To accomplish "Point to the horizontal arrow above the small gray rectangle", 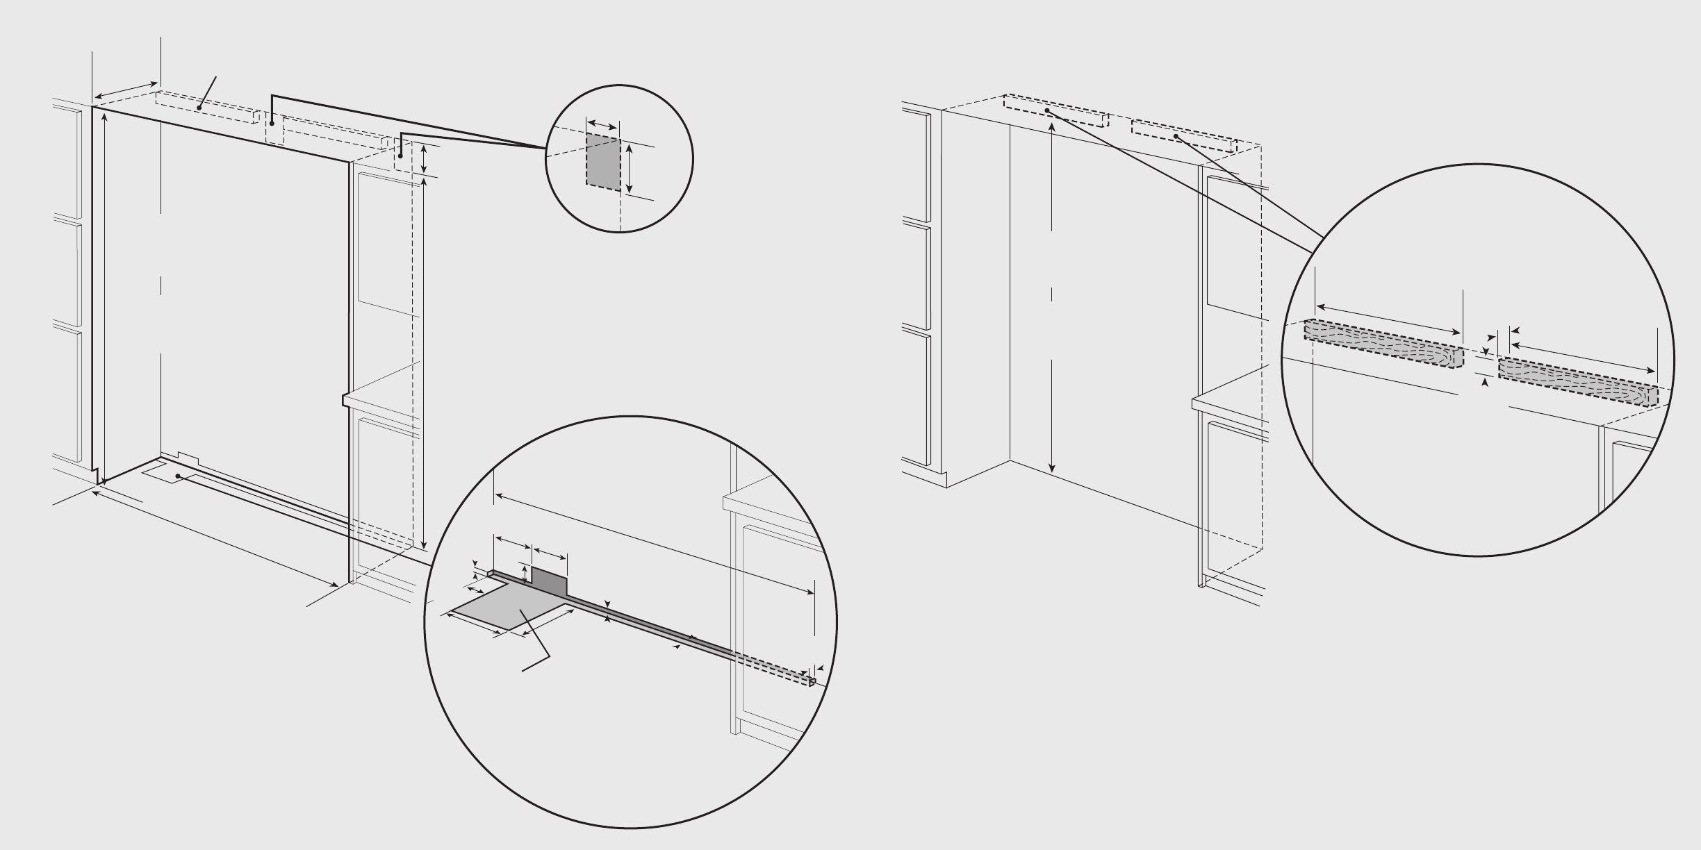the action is coord(602,124).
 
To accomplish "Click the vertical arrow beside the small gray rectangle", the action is coord(630,168).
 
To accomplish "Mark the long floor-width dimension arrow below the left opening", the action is coord(215,539).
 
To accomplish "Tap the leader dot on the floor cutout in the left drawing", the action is coord(178,476).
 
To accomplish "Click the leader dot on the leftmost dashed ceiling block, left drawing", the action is coord(199,108).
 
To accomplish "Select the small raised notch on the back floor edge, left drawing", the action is coord(188,457).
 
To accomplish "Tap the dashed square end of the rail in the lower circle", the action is coord(811,683).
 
